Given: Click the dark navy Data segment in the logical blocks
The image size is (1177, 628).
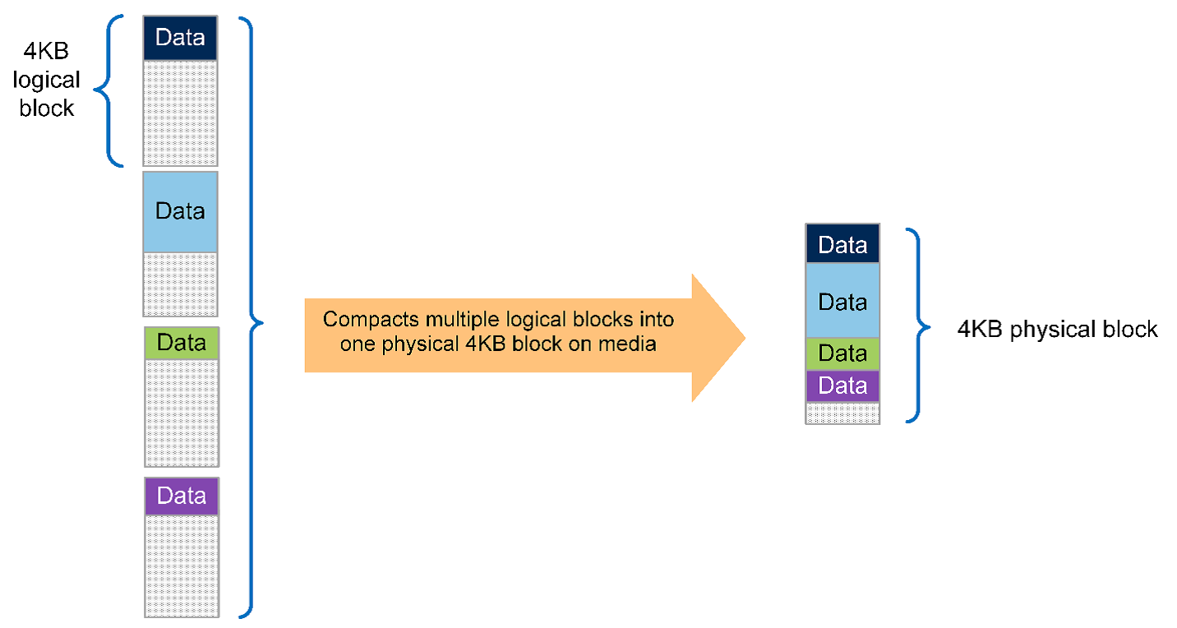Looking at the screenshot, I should tap(180, 38).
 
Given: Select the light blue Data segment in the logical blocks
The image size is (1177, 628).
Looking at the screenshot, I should tap(180, 211).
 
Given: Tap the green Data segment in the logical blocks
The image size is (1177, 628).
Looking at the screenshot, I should tap(181, 343).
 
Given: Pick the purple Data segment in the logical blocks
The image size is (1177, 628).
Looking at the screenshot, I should tap(181, 496).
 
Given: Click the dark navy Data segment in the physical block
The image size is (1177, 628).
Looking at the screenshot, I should tap(842, 244).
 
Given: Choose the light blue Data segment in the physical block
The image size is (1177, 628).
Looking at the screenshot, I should tap(842, 301).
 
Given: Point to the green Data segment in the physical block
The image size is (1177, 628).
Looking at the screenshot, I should tap(842, 353).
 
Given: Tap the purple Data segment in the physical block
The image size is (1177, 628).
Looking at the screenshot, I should tap(842, 386).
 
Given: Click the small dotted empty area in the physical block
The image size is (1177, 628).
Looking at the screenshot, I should tap(842, 413).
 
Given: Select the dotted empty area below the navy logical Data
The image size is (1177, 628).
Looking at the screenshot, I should tap(180, 113).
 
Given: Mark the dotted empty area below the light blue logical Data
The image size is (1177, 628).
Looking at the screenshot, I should tap(180, 284).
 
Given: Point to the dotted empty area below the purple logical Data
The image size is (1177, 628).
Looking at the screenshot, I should tap(181, 566).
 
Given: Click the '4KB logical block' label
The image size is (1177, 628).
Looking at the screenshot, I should tap(48, 81).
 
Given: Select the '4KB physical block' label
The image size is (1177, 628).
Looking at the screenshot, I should tap(1057, 330).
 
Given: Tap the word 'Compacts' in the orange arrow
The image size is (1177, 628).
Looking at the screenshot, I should tap(358, 320).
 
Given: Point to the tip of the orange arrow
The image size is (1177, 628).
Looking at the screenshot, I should tap(743, 337).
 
